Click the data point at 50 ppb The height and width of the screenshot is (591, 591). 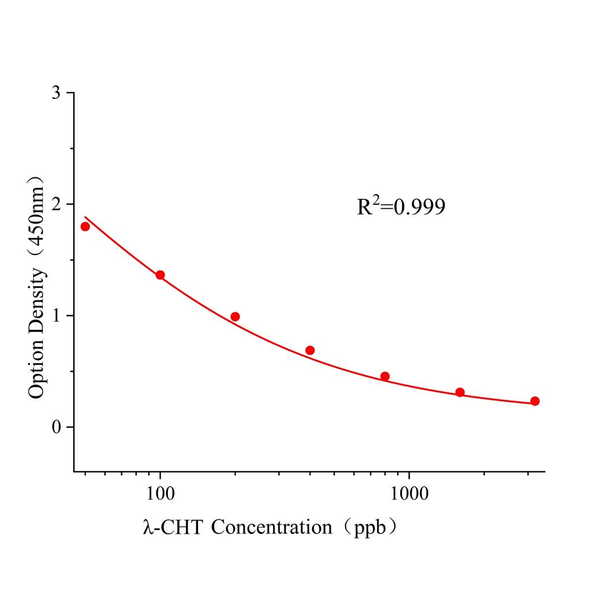click(85, 226)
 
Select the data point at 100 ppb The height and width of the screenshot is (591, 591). click(160, 275)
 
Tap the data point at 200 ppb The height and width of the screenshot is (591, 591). click(235, 316)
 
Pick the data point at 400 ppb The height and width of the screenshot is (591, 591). click(310, 350)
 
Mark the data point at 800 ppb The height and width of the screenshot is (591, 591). click(385, 376)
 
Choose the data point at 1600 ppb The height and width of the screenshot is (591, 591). click(460, 392)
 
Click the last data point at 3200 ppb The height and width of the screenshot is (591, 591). click(535, 401)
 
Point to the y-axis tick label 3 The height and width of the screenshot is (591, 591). click(55, 93)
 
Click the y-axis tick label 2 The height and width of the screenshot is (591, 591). click(55, 204)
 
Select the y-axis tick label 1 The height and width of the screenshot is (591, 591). click(55, 316)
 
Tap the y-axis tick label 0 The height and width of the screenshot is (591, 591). click(55, 427)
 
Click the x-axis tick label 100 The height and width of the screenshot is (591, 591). click(160, 495)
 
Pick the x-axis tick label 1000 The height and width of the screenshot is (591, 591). click(409, 495)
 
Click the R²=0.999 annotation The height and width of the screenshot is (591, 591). click(401, 207)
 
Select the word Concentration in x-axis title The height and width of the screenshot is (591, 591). click(271, 527)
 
